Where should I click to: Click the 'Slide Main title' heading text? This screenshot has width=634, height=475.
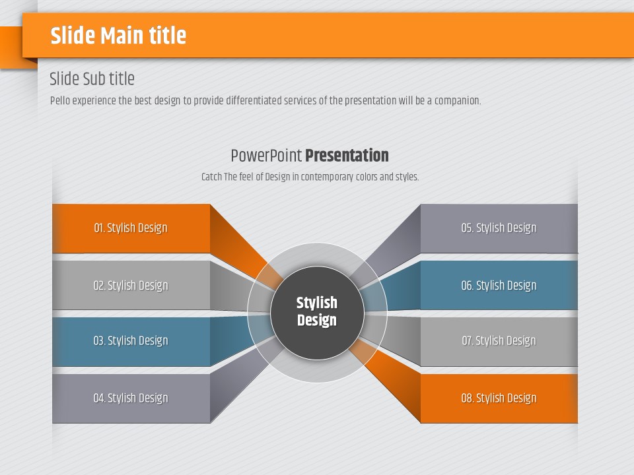[118, 35]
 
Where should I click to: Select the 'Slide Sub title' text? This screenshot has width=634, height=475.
[92, 79]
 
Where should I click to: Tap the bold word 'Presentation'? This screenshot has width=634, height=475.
[347, 156]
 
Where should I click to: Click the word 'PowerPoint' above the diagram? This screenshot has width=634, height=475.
[266, 156]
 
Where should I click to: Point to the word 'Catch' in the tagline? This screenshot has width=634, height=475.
[211, 177]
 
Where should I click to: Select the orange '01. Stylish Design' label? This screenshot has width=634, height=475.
[131, 228]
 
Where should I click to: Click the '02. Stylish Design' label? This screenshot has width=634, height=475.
[131, 285]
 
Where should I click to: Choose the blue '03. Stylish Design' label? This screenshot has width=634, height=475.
[131, 340]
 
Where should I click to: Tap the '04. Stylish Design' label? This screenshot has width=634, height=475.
[131, 398]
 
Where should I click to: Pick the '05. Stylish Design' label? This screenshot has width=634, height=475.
[499, 228]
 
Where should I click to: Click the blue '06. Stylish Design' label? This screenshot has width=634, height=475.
[499, 285]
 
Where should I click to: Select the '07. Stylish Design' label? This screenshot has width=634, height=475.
[499, 340]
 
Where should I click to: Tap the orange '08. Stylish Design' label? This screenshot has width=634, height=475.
[499, 398]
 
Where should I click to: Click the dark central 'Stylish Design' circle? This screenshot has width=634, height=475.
[318, 313]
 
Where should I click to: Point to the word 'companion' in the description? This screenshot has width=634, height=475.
[457, 100]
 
